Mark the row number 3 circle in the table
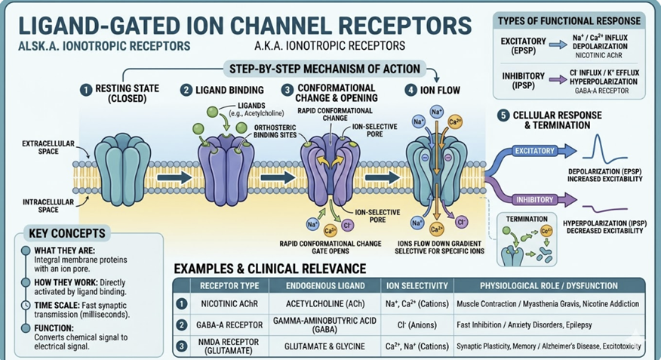coord(180,346)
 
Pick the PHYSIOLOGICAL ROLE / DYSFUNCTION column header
coord(549,286)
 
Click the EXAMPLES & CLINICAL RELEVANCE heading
coord(270,268)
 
